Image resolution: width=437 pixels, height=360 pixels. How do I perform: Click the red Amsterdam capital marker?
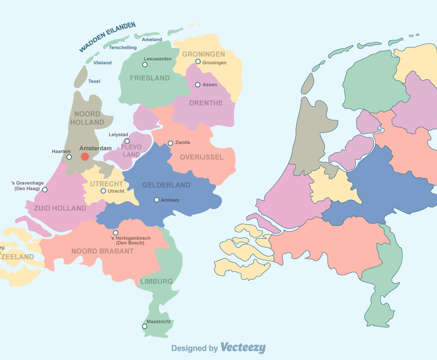click(85, 157)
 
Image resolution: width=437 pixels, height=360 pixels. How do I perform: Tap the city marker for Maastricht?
click(145, 326)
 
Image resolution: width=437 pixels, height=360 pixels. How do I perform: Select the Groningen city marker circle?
click(198, 62)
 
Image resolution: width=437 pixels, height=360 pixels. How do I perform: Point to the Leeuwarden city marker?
click(145, 65)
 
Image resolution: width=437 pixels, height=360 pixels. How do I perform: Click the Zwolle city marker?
click(170, 143)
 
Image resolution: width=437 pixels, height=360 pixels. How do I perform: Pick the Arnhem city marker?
click(157, 200)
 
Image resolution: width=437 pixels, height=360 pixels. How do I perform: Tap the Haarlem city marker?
click(69, 157)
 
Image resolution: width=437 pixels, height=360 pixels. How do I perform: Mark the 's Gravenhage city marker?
click(45, 190)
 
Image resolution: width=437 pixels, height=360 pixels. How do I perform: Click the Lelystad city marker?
click(127, 141)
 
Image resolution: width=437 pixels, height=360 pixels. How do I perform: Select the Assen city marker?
click(198, 85)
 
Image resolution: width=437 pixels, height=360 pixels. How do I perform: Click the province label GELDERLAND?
click(166, 185)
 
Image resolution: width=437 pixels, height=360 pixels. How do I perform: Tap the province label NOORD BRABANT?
click(102, 251)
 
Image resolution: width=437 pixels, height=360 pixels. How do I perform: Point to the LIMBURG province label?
click(157, 281)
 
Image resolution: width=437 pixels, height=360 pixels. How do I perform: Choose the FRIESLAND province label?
click(150, 78)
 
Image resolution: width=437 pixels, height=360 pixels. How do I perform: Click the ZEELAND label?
click(17, 257)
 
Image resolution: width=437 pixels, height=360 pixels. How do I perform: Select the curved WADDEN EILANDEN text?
click(107, 37)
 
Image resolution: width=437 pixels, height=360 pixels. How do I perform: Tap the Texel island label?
click(94, 81)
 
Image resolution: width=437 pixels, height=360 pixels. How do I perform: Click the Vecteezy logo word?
click(243, 348)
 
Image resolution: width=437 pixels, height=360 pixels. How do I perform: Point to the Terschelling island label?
click(123, 48)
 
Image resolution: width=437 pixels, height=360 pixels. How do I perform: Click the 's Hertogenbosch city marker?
click(115, 233)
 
